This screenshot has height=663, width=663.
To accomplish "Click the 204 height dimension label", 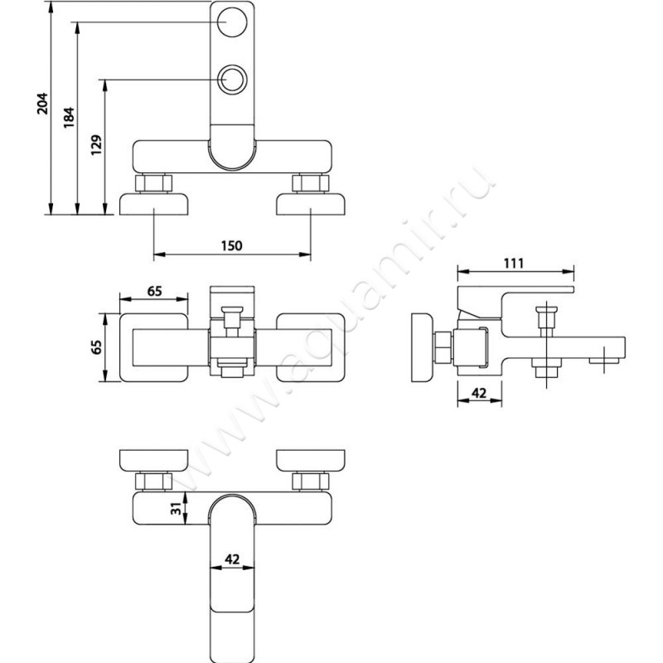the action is click(43, 103).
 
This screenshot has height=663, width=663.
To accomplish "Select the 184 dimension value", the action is click(69, 118).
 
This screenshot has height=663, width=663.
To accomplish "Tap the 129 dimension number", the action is click(97, 145).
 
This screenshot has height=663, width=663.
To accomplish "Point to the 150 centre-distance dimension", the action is click(232, 245).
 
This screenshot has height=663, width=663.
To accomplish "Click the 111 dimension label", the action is click(514, 264).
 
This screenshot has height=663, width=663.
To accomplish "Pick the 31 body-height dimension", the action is click(178, 508).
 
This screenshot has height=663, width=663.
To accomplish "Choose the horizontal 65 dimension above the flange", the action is click(154, 292).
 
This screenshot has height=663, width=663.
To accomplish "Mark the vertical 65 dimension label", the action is click(97, 347).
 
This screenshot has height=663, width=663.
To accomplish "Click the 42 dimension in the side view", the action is click(479, 393).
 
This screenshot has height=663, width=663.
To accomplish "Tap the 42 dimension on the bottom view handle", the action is click(232, 559).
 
